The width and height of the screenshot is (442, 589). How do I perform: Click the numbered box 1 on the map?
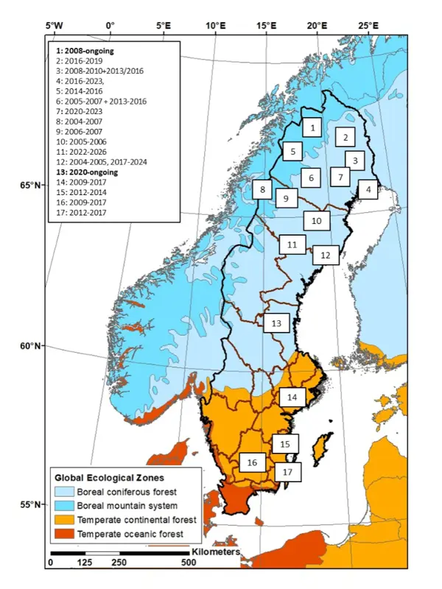click(313, 128)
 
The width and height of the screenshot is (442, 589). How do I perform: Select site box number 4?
click(365, 189)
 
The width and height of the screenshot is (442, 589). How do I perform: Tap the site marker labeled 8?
click(262, 190)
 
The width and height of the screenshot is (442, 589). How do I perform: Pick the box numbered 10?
click(316, 220)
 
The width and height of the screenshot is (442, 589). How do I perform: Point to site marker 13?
click(276, 323)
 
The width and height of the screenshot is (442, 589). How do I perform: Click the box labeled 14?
click(292, 397)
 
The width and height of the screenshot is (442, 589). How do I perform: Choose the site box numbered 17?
click(288, 471)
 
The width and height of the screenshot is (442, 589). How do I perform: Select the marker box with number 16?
click(252, 462)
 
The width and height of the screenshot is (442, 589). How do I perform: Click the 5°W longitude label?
click(55, 27)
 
